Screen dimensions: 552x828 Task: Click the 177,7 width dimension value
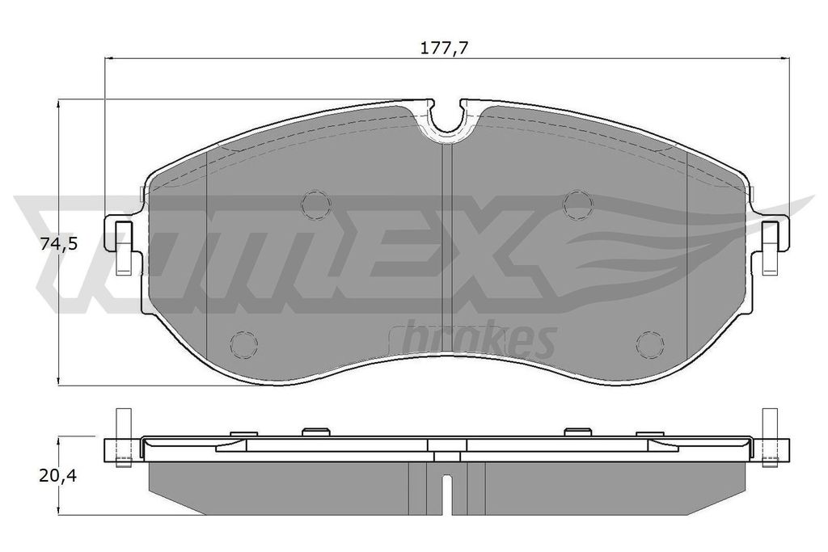pyautogui.click(x=446, y=48)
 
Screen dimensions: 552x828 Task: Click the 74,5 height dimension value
pyautogui.click(x=57, y=243)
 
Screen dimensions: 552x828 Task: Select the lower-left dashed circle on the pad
pyautogui.click(x=243, y=345)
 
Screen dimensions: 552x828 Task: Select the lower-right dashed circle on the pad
pyautogui.click(x=649, y=345)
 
